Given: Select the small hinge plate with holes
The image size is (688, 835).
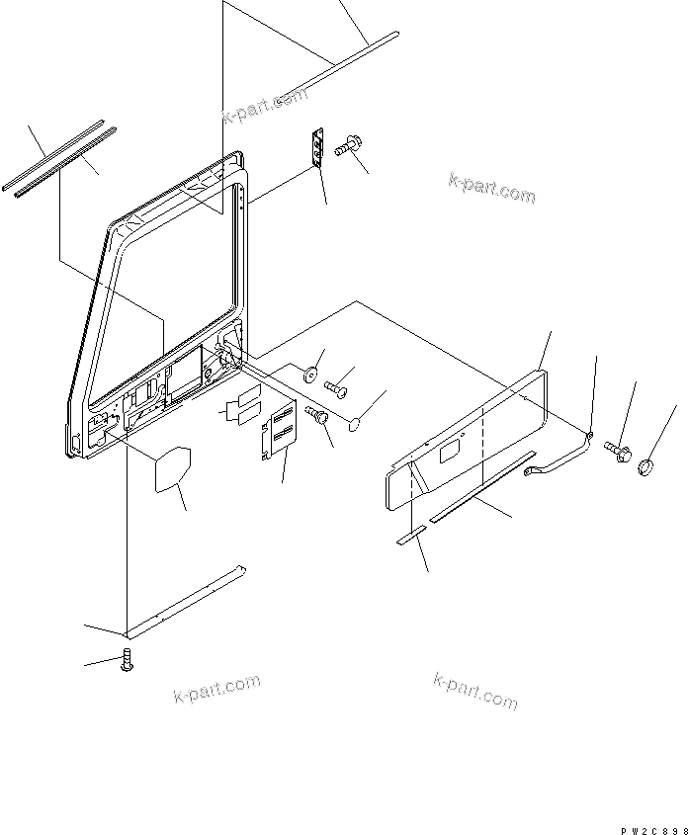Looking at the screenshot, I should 318,149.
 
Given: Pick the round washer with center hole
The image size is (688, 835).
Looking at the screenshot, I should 309,373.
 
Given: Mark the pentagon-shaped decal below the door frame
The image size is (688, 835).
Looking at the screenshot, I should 170,467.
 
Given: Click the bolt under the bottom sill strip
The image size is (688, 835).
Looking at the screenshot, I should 126,663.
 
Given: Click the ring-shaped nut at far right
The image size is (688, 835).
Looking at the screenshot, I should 648,463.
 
